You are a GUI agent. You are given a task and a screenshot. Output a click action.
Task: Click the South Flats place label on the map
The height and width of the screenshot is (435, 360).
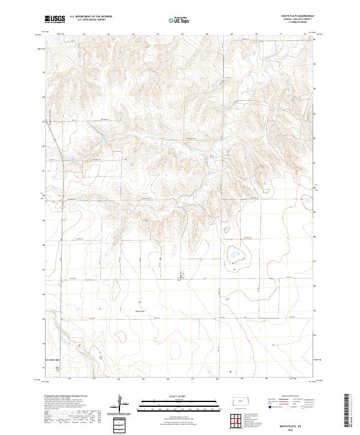coord(140,311)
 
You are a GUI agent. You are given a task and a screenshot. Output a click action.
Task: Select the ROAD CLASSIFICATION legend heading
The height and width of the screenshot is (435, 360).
coord(287,397)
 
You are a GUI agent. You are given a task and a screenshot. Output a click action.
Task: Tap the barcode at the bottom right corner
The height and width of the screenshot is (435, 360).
coord(347,413)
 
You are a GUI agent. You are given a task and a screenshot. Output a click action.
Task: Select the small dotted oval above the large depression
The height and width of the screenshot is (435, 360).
coord(227,229)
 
